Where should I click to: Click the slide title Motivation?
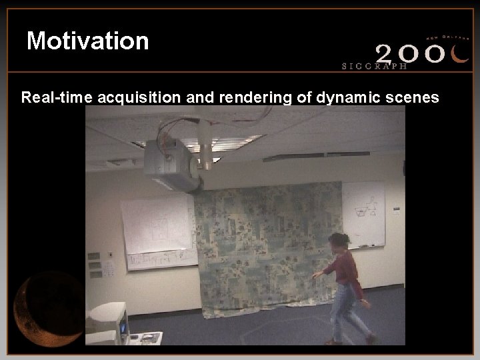pyautogui.click(x=87, y=41)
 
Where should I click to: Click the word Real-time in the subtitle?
pyautogui.click(x=57, y=98)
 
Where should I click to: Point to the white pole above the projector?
pyautogui.click(x=206, y=147)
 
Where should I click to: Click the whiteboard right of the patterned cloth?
pyautogui.click(x=363, y=213)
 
